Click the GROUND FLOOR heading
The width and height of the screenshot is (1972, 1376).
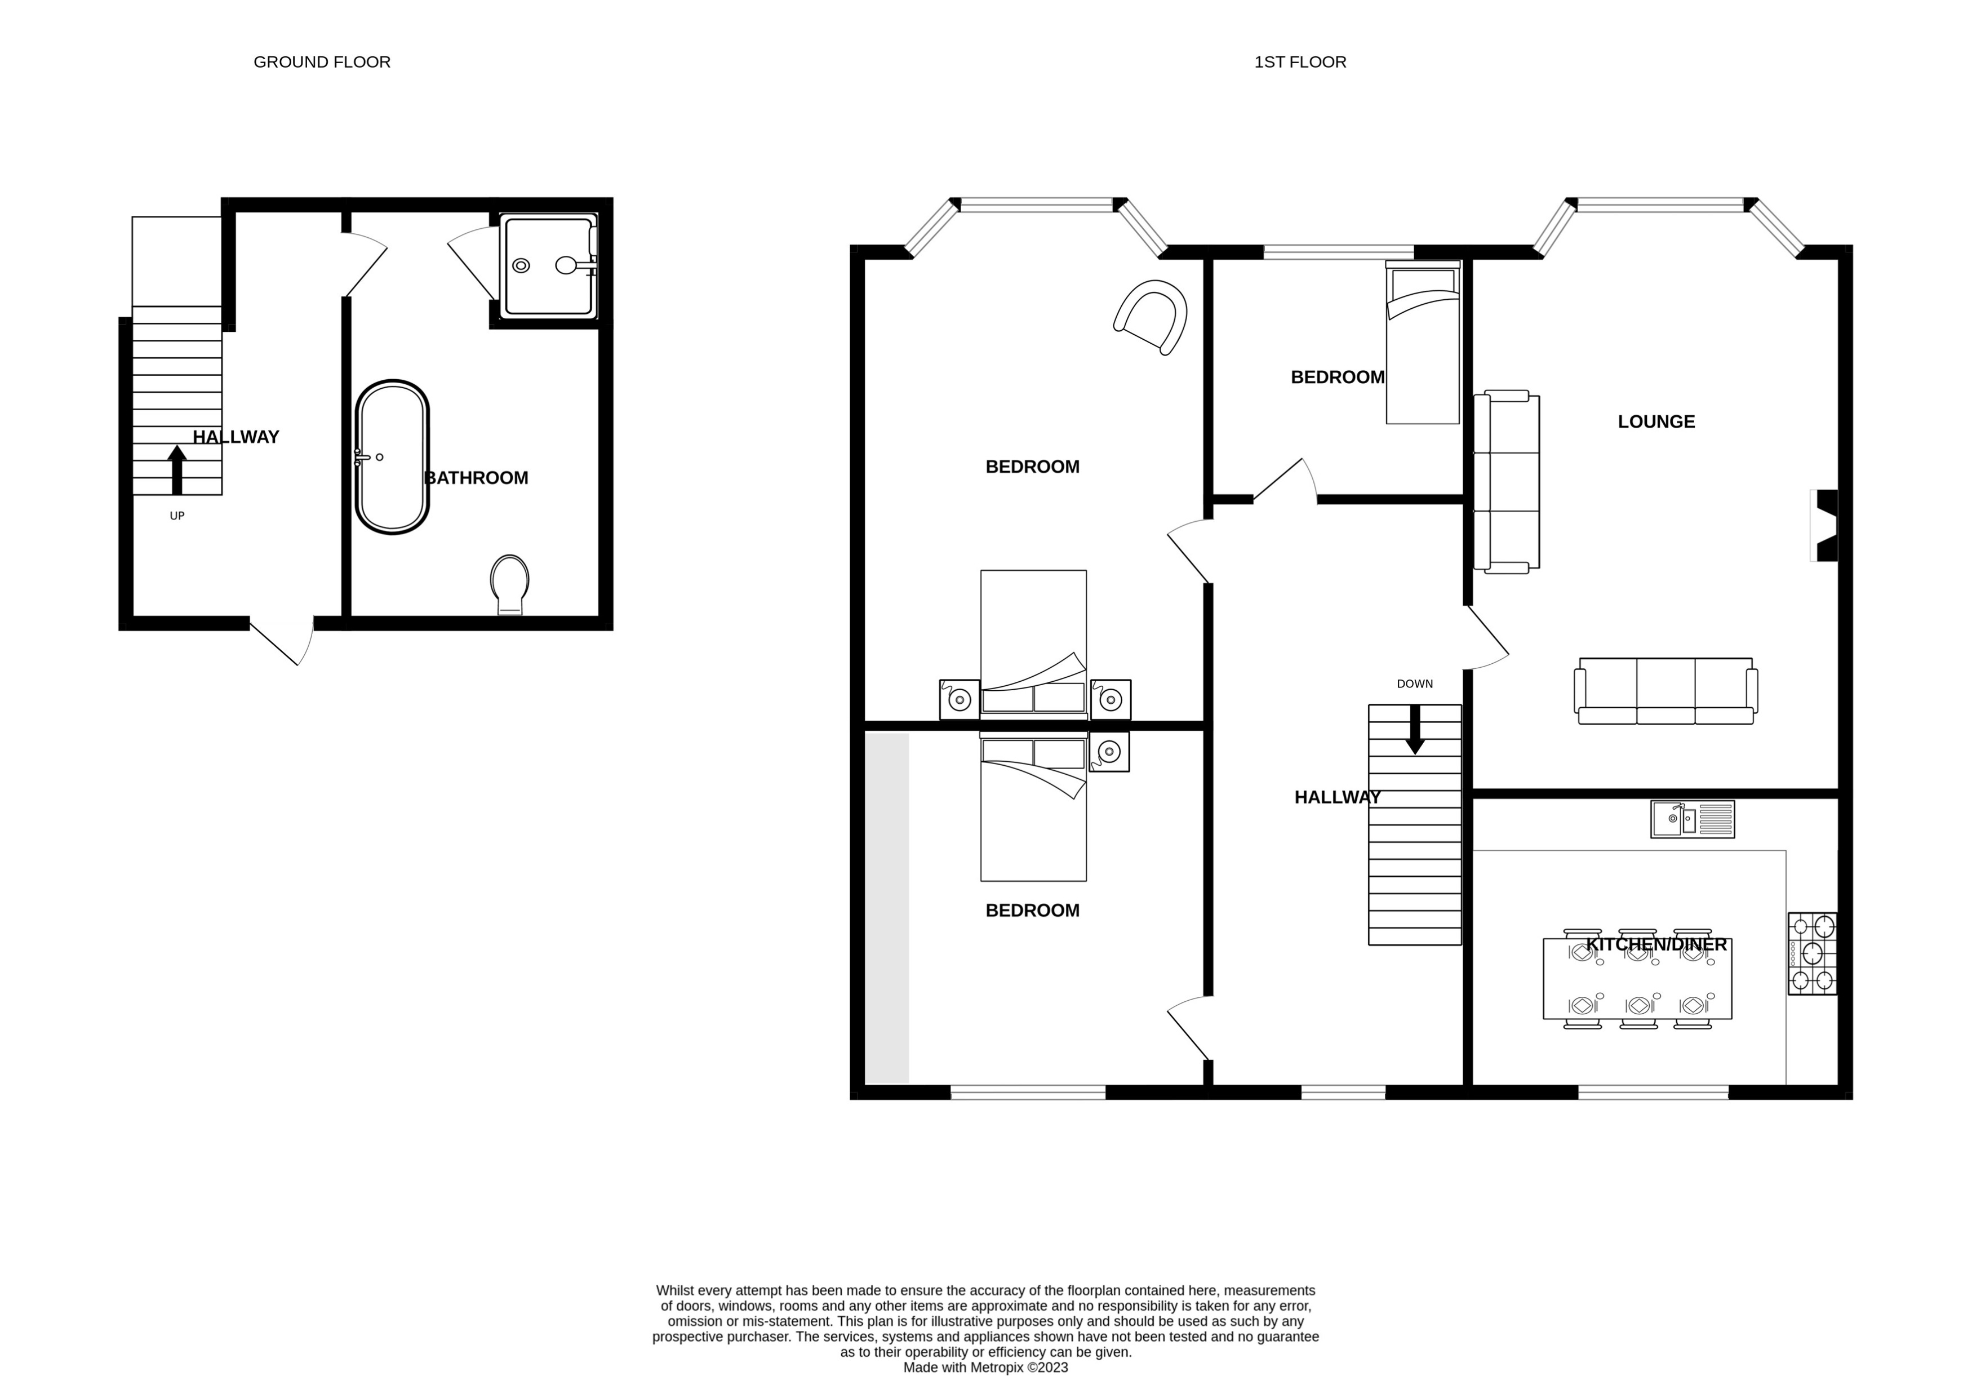pos(322,62)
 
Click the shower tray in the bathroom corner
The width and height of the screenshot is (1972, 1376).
pos(549,265)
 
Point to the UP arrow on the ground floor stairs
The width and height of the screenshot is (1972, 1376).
pos(177,469)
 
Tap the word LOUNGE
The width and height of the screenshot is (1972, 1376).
pos(1656,421)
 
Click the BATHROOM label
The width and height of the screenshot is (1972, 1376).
pos(477,478)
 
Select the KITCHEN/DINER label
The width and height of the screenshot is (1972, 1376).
pos(1656,945)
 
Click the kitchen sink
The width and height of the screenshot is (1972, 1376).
pos(1692,819)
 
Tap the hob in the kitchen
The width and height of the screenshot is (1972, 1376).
pos(1812,953)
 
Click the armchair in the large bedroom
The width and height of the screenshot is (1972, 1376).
pos(1151,317)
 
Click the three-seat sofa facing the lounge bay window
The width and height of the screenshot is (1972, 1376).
pos(1665,691)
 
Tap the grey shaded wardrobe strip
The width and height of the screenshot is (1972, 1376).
pos(886,908)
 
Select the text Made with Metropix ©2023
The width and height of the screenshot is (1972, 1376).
pos(985,1368)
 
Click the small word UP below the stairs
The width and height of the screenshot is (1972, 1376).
pos(177,516)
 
